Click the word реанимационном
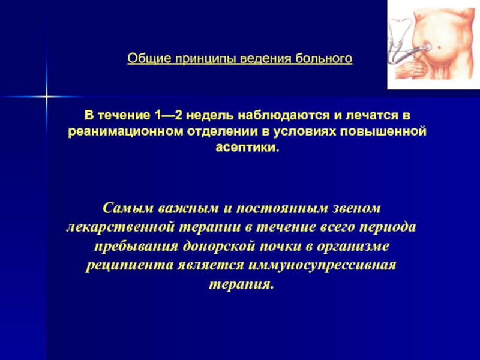pyautogui.click(x=126, y=131)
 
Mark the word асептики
pyautogui.click(x=247, y=148)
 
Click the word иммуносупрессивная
pyautogui.click(x=322, y=265)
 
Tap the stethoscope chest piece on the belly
pyautogui.click(x=427, y=47)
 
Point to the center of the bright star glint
pyautogui.click(x=47, y=97)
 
